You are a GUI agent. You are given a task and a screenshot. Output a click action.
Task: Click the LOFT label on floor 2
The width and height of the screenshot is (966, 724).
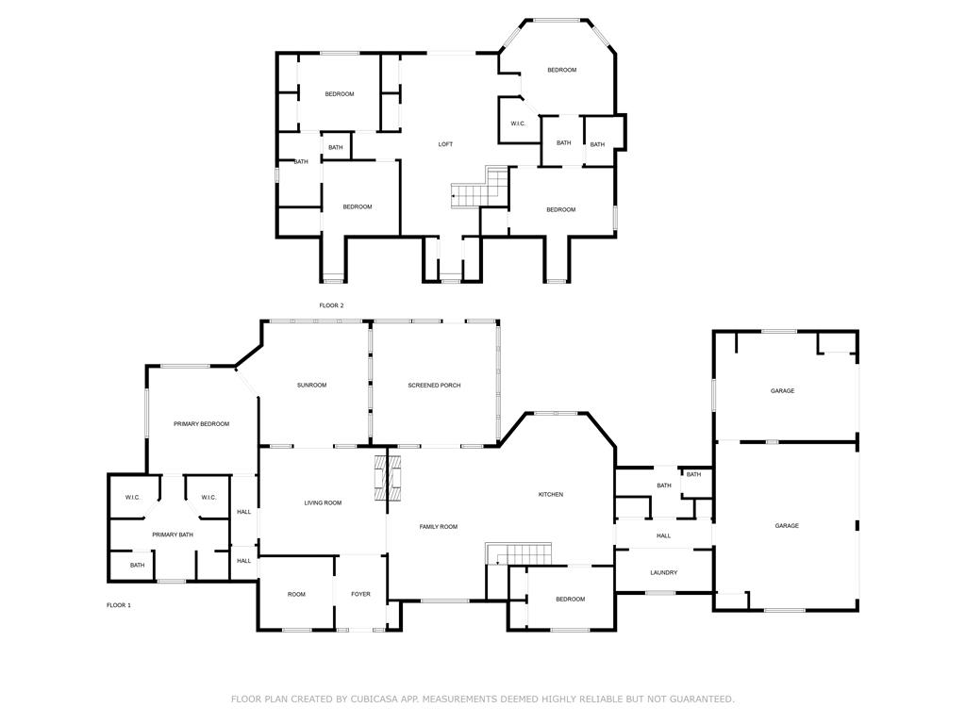(x=445, y=144)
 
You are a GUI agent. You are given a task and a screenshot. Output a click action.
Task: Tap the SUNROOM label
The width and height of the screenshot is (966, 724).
(x=311, y=386)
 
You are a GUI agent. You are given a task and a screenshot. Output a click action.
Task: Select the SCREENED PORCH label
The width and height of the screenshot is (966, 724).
(x=434, y=386)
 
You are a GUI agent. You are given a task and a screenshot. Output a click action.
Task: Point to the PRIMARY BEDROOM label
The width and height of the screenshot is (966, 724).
(x=202, y=424)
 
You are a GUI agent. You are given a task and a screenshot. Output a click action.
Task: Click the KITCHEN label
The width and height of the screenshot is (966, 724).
(x=551, y=494)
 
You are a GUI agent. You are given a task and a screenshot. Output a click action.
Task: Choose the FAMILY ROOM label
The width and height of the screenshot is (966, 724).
(x=439, y=527)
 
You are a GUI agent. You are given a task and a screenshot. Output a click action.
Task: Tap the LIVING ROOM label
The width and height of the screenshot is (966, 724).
(x=323, y=503)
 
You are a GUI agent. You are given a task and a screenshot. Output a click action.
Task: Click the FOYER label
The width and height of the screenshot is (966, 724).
(x=361, y=594)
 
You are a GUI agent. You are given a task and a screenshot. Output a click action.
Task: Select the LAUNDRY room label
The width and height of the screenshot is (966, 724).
(x=663, y=572)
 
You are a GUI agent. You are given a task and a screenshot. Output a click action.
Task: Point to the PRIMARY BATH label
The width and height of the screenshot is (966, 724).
(x=173, y=535)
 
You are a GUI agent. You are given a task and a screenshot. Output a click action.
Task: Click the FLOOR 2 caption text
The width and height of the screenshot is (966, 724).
(x=331, y=305)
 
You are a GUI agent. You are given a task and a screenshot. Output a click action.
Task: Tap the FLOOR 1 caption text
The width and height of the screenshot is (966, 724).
(x=119, y=605)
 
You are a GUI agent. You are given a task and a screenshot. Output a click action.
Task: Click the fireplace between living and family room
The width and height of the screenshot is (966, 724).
(x=388, y=477)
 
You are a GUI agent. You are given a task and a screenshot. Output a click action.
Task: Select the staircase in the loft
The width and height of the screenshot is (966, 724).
(x=479, y=187)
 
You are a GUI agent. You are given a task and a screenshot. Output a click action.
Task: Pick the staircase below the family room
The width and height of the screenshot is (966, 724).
(x=518, y=553)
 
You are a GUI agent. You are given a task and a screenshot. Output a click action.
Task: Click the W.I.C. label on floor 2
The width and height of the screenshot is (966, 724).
(x=518, y=123)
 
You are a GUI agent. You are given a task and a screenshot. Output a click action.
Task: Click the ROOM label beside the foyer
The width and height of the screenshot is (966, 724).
(x=296, y=594)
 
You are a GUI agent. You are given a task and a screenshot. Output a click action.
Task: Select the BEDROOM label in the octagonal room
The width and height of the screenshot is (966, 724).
(x=562, y=70)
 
